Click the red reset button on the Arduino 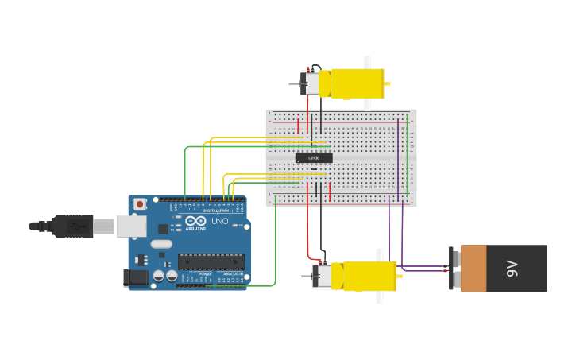pyautogui.click(x=140, y=204)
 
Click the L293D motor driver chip pyautogui.click(x=314, y=158)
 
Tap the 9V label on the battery pyautogui.click(x=512, y=269)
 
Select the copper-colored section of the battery pyautogui.click(x=474, y=269)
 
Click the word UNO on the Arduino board pyautogui.click(x=220, y=221)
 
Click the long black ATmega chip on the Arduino pyautogui.click(x=211, y=261)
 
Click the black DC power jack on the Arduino pyautogui.click(x=136, y=278)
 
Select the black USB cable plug pyautogui.click(x=72, y=226)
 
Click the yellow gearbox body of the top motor pyautogui.click(x=357, y=83)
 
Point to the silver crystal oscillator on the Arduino pyautogui.click(x=160, y=244)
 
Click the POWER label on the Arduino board pyautogui.click(x=205, y=273)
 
